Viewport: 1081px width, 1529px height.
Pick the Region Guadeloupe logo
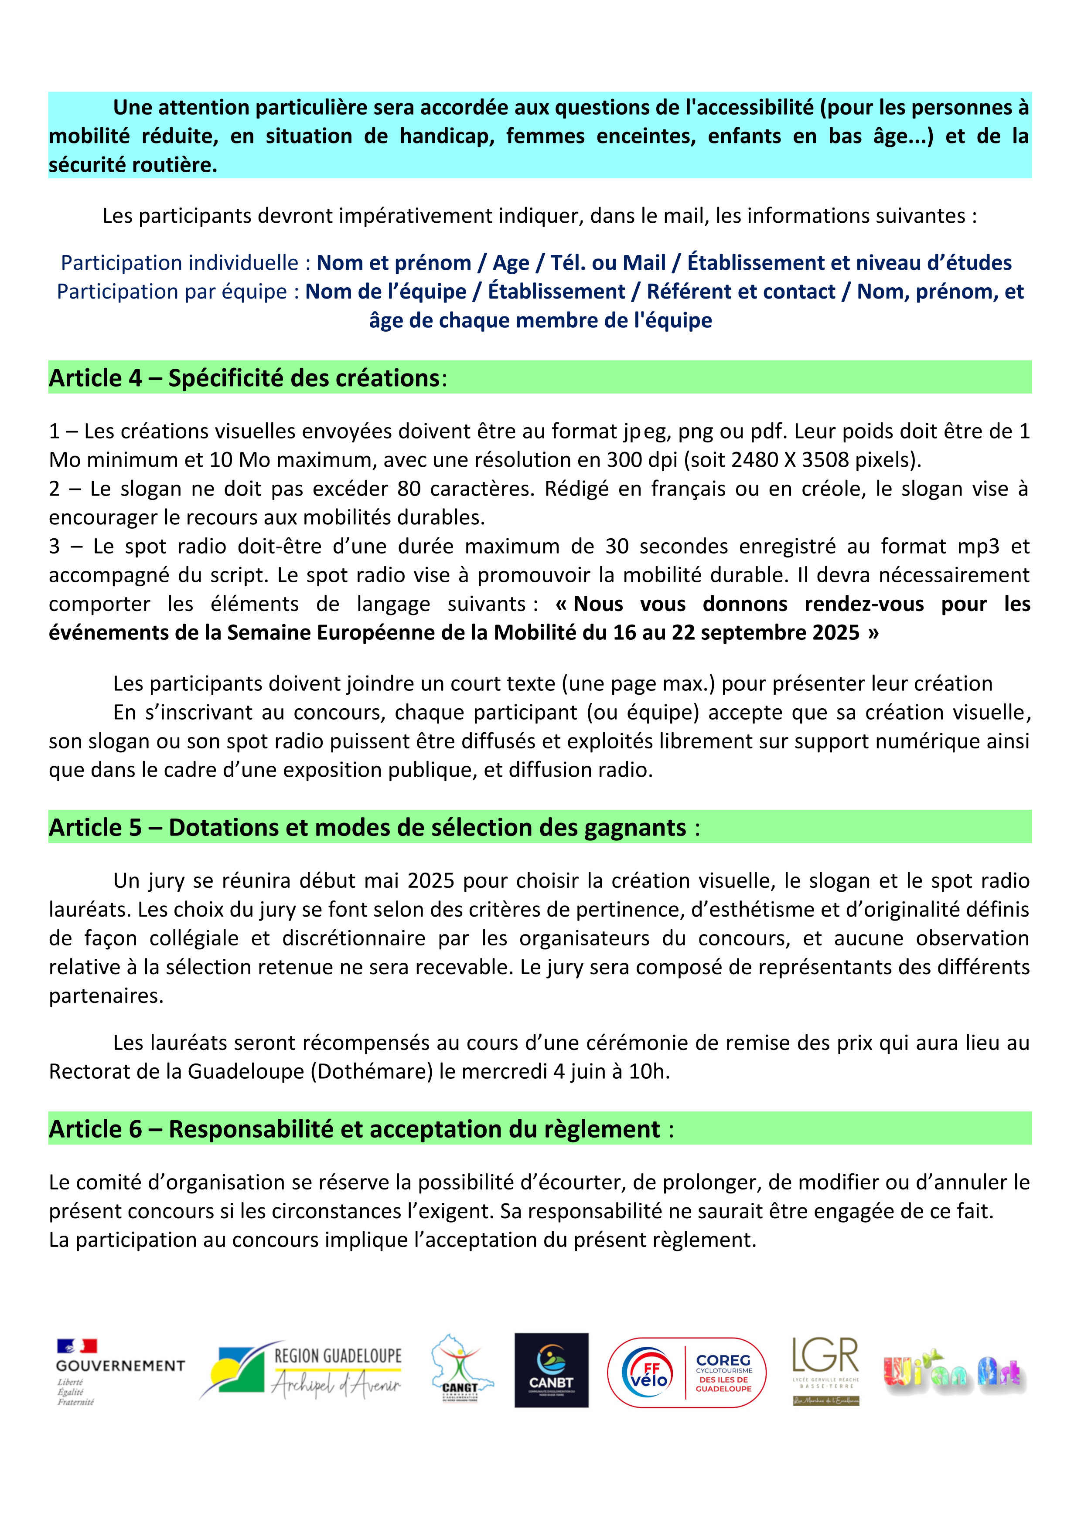coord(301,1372)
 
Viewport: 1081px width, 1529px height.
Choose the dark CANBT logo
coord(552,1370)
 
